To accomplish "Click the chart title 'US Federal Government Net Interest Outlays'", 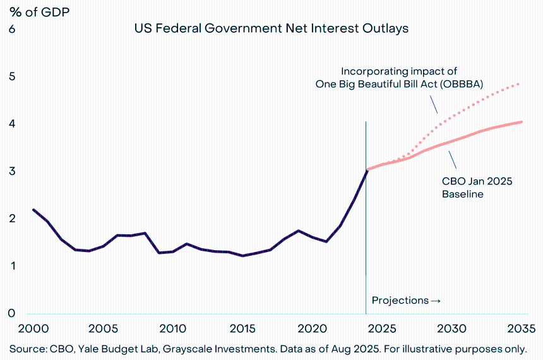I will [x=271, y=28].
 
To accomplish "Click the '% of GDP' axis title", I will [x=39, y=11].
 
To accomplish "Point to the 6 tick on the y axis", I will [x=12, y=29].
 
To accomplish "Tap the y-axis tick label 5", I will [x=12, y=76].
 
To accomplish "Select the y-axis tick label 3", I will [x=12, y=171].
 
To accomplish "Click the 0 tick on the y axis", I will [x=12, y=313].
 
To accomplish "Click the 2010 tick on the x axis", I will [x=172, y=329].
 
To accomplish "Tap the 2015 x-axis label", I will [x=242, y=329].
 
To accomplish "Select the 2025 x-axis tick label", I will [x=383, y=329].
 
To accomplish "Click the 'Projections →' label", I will [x=406, y=300].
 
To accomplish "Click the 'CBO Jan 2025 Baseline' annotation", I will [x=477, y=188].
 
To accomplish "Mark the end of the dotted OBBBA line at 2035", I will [x=520, y=83].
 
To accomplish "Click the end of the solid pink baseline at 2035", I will [x=521, y=122].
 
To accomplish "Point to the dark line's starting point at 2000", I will [x=33, y=210].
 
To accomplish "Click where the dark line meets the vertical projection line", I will [x=366, y=171].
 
